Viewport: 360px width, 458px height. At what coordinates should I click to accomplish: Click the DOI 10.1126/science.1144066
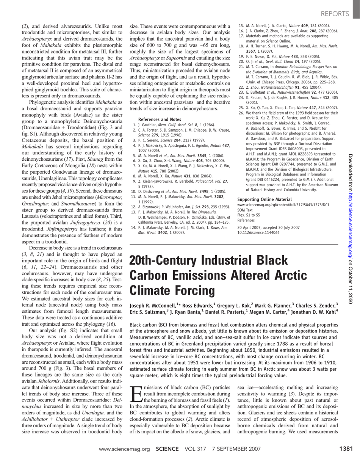tap(258, 232)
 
